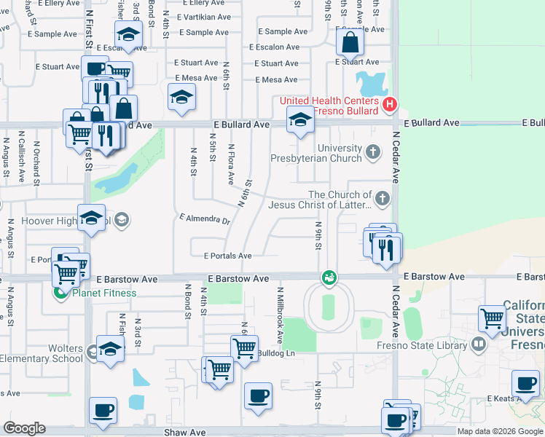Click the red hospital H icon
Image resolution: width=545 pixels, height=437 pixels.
[389, 105]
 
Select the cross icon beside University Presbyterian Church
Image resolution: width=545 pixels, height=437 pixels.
[373, 152]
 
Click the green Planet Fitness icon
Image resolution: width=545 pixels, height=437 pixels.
[61, 294]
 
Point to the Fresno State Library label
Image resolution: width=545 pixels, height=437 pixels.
[431, 343]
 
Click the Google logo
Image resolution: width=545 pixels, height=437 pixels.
[24, 428]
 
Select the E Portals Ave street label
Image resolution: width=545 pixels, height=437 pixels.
[227, 256]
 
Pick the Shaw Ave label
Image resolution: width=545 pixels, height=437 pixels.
[184, 432]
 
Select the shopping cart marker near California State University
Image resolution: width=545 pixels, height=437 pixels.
[492, 318]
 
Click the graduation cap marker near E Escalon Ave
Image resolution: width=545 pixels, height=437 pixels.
[128, 35]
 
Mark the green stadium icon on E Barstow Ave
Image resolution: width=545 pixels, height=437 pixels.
[329, 277]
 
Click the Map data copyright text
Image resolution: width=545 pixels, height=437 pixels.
[499, 431]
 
